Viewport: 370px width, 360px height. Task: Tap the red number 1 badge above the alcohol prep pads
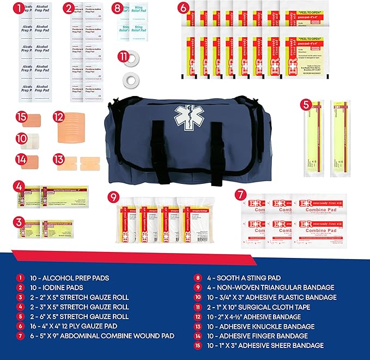pos(19,8)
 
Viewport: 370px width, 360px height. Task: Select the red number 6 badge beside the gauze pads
pos(184,8)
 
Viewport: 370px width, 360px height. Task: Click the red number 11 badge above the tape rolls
pos(125,57)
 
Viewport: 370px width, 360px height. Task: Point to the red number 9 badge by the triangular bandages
pos(113,196)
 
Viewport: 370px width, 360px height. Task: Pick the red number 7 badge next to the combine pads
pos(240,194)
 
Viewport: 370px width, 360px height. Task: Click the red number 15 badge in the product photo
pos(21,117)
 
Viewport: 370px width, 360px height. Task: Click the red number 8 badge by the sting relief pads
pos(118,8)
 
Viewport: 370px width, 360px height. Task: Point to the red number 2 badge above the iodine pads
pos(69,8)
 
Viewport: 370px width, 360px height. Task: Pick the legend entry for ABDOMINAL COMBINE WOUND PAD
pos(104,335)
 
